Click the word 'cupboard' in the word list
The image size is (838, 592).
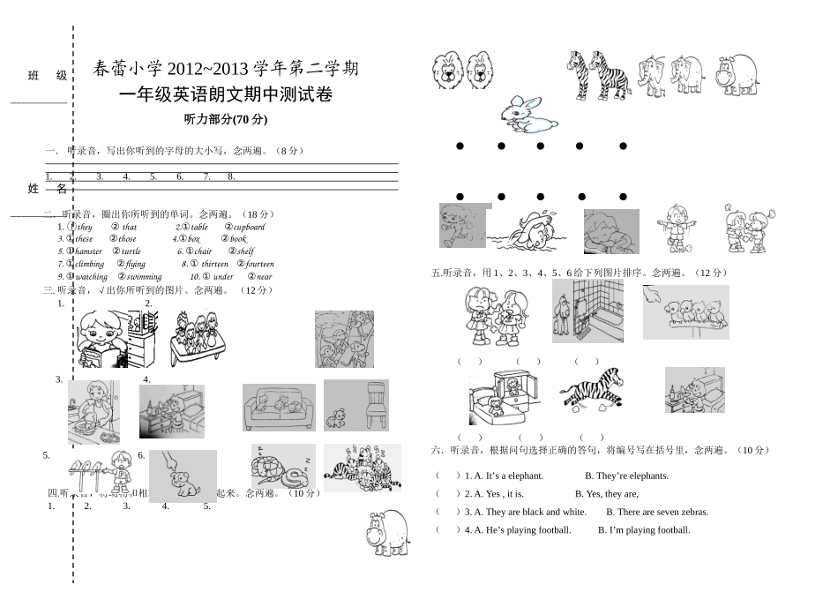[249, 227]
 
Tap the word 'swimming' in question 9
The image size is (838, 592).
[145, 276]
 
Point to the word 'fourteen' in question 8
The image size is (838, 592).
[259, 264]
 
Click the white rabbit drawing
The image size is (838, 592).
[528, 115]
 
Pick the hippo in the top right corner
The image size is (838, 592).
[736, 74]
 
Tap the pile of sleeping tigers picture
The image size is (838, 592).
[362, 468]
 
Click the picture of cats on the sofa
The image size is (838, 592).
[279, 407]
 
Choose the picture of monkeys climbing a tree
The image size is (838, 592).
[344, 339]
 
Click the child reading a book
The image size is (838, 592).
[103, 340]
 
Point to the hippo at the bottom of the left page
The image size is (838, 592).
[387, 532]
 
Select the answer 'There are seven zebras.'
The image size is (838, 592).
[662, 512]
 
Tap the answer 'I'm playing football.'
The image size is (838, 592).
[644, 530]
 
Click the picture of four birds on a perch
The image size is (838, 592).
[685, 311]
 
